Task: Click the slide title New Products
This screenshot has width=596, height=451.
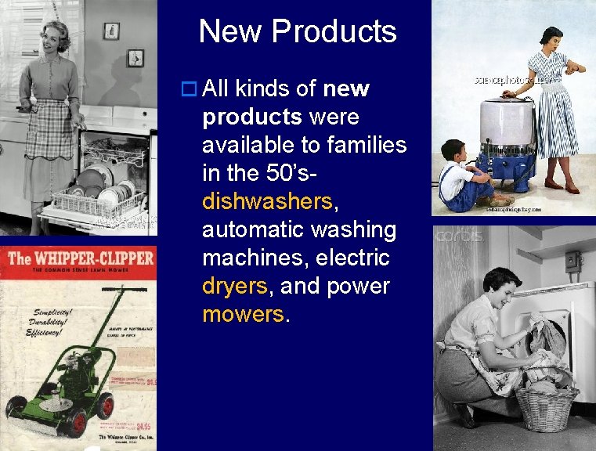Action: [298, 32]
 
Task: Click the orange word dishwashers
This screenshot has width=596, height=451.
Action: [267, 202]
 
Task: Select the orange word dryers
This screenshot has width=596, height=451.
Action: [234, 287]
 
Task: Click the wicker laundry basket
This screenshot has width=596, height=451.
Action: [546, 404]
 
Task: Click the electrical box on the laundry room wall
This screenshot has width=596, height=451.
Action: [573, 261]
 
